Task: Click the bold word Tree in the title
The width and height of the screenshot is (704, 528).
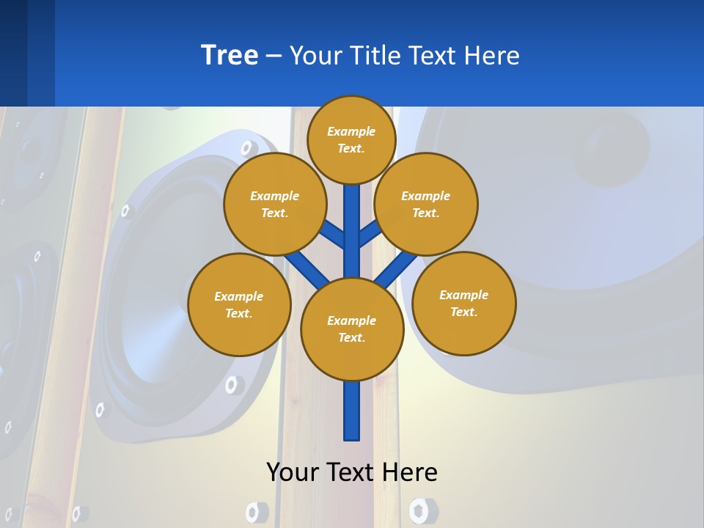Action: coord(230,56)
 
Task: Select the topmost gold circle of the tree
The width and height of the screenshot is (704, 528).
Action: coord(351,139)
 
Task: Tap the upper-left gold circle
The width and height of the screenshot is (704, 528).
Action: coord(275,204)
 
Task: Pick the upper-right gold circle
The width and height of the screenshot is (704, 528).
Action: coord(426,204)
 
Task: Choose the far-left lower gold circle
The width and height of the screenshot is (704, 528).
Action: coord(239,304)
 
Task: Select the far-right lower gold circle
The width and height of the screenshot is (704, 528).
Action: coord(463,303)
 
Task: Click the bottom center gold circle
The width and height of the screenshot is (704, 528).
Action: coord(352,329)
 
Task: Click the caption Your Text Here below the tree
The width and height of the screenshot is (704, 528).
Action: coord(352,472)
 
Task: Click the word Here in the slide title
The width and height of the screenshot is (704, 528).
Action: coord(492,56)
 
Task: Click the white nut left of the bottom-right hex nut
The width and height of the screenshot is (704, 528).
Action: coord(253,511)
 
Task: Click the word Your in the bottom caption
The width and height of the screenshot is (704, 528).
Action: coord(293,472)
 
